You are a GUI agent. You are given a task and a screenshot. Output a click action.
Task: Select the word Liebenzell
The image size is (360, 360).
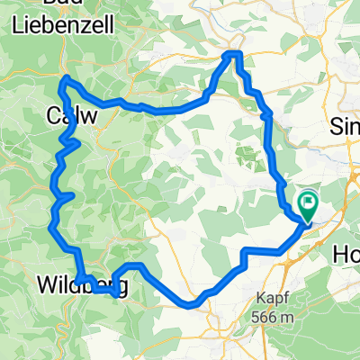62,26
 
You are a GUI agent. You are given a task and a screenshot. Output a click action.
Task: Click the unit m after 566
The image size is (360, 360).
288,318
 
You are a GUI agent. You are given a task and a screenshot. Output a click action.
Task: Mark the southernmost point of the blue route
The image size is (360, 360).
192,306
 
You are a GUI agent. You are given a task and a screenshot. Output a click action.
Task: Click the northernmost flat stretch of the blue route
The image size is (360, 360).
234,55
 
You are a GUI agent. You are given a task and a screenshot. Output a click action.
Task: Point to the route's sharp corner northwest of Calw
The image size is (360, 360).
63,79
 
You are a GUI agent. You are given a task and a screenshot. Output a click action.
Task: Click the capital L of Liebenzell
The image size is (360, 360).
17,26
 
